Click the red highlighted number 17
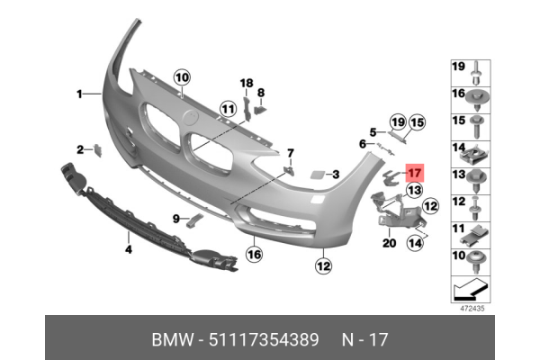point(415,174)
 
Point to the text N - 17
point(366,340)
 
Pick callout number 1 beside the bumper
point(79,94)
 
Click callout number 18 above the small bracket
point(246,83)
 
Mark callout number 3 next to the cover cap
point(335,175)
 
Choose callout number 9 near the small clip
point(176,218)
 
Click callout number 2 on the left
point(79,149)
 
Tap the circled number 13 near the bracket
point(414,191)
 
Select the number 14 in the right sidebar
point(458,148)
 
